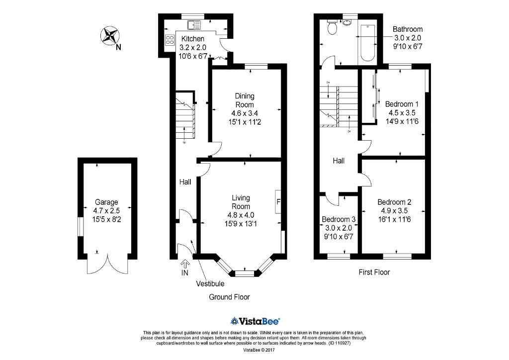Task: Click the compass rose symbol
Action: coord(111,36)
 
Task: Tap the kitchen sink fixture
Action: coord(193,24)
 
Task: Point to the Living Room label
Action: coord(241,202)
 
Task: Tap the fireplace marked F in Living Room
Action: coord(278,202)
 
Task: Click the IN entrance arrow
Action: coord(185,267)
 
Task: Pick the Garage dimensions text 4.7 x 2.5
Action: coord(107,210)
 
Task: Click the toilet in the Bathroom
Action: coord(331,29)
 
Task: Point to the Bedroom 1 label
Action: coord(402,104)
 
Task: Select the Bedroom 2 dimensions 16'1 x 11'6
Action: coord(394,218)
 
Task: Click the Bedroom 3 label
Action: coord(339,219)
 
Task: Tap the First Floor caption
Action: coord(374,272)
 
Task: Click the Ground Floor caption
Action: coord(229,297)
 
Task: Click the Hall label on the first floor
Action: coord(339,161)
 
